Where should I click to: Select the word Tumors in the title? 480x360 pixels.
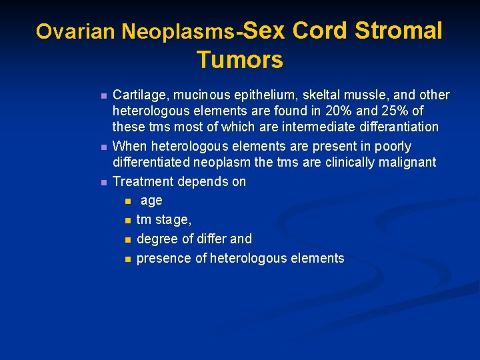pyautogui.click(x=240, y=60)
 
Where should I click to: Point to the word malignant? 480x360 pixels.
pyautogui.click(x=407, y=162)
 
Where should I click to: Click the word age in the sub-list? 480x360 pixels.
pyautogui.click(x=151, y=201)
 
